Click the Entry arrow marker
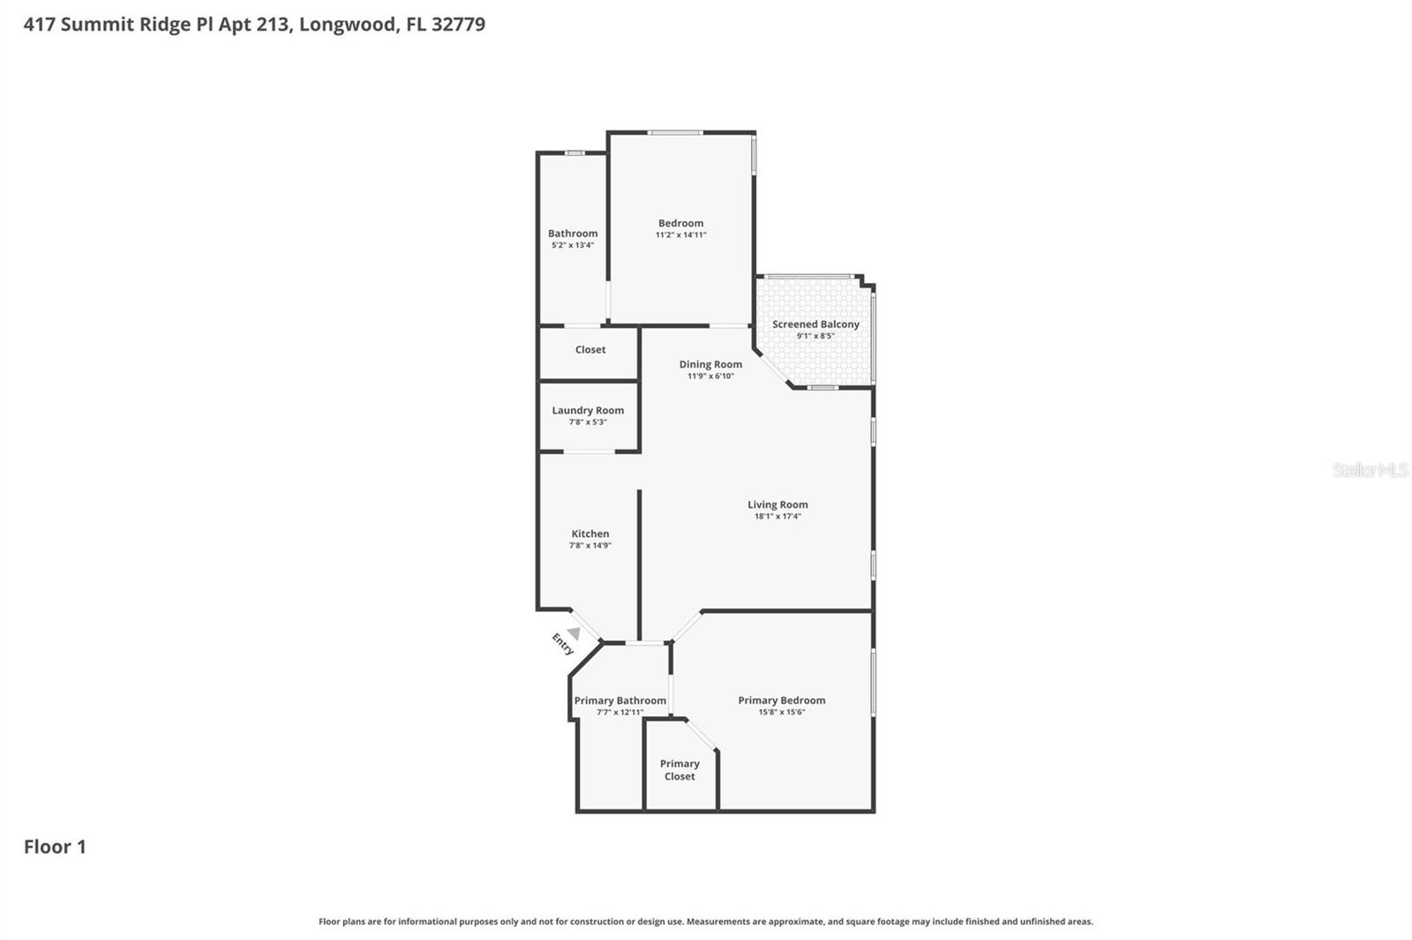[574, 633]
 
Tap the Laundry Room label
[588, 410]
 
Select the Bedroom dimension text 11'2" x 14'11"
[680, 235]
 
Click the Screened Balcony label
[815, 324]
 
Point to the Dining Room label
[710, 364]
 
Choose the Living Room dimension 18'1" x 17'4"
[777, 517]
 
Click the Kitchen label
[590, 533]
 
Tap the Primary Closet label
[680, 770]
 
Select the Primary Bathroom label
[620, 701]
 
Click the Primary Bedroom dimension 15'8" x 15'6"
[782, 712]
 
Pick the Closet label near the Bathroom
[590, 350]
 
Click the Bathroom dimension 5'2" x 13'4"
[573, 245]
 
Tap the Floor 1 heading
[55, 847]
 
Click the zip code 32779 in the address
[459, 24]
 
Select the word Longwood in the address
[348, 24]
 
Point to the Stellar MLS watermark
[1370, 470]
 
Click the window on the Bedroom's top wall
[675, 133]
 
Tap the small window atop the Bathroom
[575, 153]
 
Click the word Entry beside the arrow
[562, 644]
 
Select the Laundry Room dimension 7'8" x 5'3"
[588, 422]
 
